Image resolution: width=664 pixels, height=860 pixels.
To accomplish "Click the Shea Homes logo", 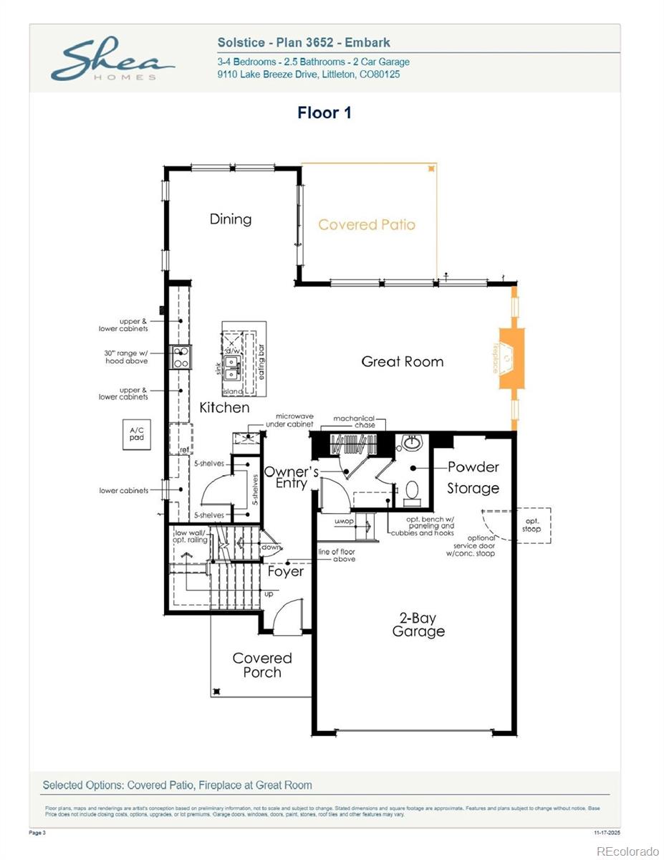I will click(112, 60).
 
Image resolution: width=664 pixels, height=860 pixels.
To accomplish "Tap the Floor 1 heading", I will click(324, 113).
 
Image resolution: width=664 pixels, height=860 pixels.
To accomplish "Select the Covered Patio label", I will click(367, 224).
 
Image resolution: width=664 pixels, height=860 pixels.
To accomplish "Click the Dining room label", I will click(231, 219).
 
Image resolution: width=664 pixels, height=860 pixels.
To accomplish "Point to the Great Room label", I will click(402, 361).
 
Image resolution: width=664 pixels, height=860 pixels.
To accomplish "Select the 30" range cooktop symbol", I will click(181, 357).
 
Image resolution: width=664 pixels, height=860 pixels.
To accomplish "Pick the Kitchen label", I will click(224, 407).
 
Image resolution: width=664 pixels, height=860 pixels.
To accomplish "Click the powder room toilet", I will click(412, 491).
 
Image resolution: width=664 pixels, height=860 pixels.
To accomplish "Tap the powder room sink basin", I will click(412, 444).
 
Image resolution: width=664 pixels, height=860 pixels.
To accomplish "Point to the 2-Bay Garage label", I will click(418, 624).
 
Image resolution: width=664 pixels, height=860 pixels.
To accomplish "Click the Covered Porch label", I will click(262, 665).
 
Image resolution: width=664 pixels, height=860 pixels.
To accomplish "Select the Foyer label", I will click(285, 571).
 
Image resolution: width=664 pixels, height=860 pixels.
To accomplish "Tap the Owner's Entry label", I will click(291, 477).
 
